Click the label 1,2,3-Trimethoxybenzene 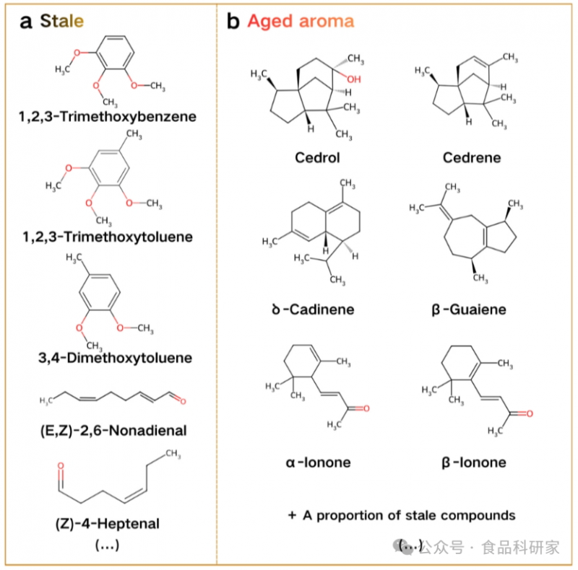coord(108,116)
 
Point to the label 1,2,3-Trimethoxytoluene coord(108,237)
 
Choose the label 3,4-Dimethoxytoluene coord(108,357)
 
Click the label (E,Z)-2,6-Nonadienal coord(108,431)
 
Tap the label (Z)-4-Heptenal coord(108,523)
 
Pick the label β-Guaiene coord(473,310)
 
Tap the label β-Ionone coord(473,462)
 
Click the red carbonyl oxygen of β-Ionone coord(530,413)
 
